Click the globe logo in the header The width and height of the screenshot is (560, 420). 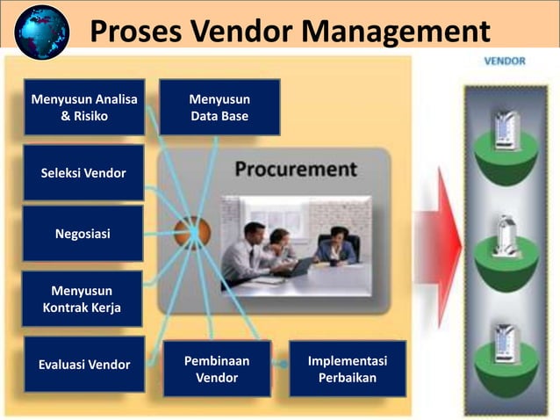41,32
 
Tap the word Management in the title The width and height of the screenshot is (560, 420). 394,32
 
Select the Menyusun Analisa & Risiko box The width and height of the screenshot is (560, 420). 84,107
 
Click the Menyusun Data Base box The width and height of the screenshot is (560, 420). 219,107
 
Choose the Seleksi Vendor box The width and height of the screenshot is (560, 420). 83,173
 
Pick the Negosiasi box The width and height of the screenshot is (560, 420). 83,234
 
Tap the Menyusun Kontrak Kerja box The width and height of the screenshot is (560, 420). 83,299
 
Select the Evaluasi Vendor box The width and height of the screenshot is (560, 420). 84,365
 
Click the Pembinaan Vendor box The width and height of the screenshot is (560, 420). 216,370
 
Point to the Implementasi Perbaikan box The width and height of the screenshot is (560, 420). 348,370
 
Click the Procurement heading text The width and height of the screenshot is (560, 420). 295,169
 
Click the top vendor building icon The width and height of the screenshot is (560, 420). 506,130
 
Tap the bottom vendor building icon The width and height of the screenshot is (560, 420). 506,343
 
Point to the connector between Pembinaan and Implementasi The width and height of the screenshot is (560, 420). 281,362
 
